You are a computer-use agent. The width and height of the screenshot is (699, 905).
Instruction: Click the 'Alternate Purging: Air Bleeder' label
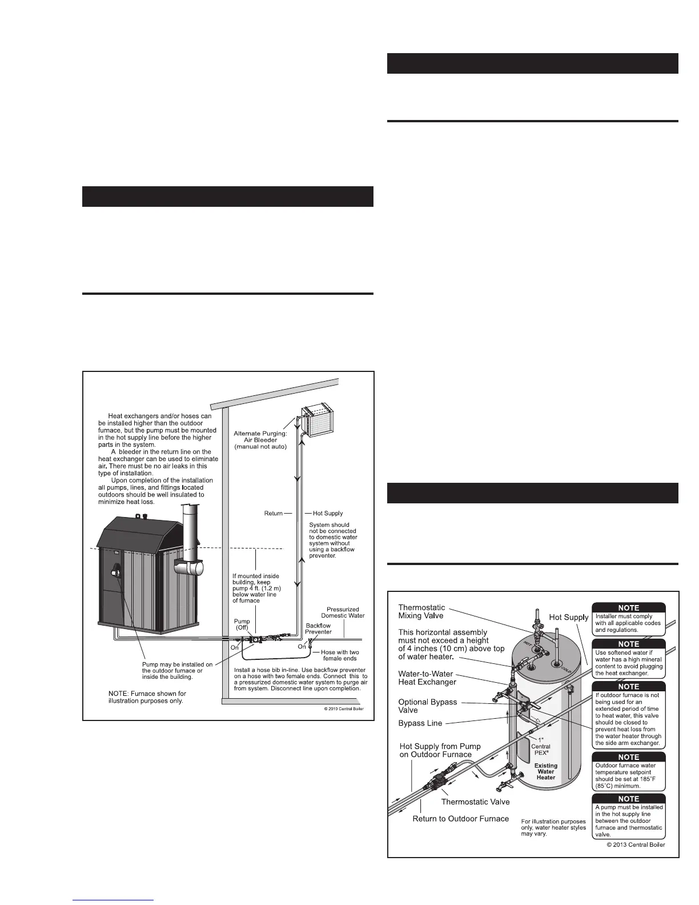(260, 440)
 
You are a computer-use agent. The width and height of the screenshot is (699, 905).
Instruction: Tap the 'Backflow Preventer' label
(318, 628)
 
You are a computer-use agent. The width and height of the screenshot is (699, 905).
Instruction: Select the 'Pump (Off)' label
(242, 624)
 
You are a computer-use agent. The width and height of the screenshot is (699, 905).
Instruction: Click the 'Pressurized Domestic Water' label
(343, 612)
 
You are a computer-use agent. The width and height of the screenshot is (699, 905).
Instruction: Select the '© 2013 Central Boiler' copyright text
(636, 845)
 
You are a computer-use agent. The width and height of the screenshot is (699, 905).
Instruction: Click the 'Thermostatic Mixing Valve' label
(421, 611)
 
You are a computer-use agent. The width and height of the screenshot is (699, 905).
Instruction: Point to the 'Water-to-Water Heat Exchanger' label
(427, 678)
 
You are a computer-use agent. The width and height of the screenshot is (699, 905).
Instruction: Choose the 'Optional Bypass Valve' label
(428, 706)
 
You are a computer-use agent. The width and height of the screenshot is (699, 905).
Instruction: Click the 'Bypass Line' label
(420, 723)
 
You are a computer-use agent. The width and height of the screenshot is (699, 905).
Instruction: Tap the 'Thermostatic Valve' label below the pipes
(475, 802)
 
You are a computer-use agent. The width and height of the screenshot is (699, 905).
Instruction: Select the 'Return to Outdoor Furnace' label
(460, 819)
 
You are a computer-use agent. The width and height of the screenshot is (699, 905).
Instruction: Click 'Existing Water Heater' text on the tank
(545, 771)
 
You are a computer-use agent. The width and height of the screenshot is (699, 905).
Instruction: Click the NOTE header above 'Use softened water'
(629, 644)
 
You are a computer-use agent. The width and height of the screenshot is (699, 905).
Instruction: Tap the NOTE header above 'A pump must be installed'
(629, 799)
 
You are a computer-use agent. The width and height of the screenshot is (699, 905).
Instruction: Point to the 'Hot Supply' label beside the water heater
(568, 617)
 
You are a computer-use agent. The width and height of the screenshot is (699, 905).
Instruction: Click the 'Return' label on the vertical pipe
(274, 513)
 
